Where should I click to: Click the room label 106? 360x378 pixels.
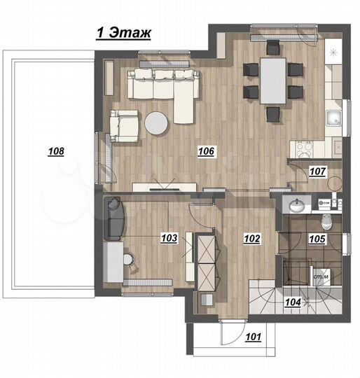[205, 150]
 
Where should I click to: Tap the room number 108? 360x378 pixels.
[56, 150]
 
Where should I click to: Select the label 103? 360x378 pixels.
[168, 238]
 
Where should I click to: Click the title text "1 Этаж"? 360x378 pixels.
[123, 32]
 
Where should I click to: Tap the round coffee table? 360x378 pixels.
[156, 123]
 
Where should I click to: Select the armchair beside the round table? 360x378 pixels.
[125, 125]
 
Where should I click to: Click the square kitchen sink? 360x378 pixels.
[335, 117]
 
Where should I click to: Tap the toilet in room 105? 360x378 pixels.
[325, 222]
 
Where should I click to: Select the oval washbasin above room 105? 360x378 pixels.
[297, 204]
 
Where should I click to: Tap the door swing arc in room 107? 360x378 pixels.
[298, 167]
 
